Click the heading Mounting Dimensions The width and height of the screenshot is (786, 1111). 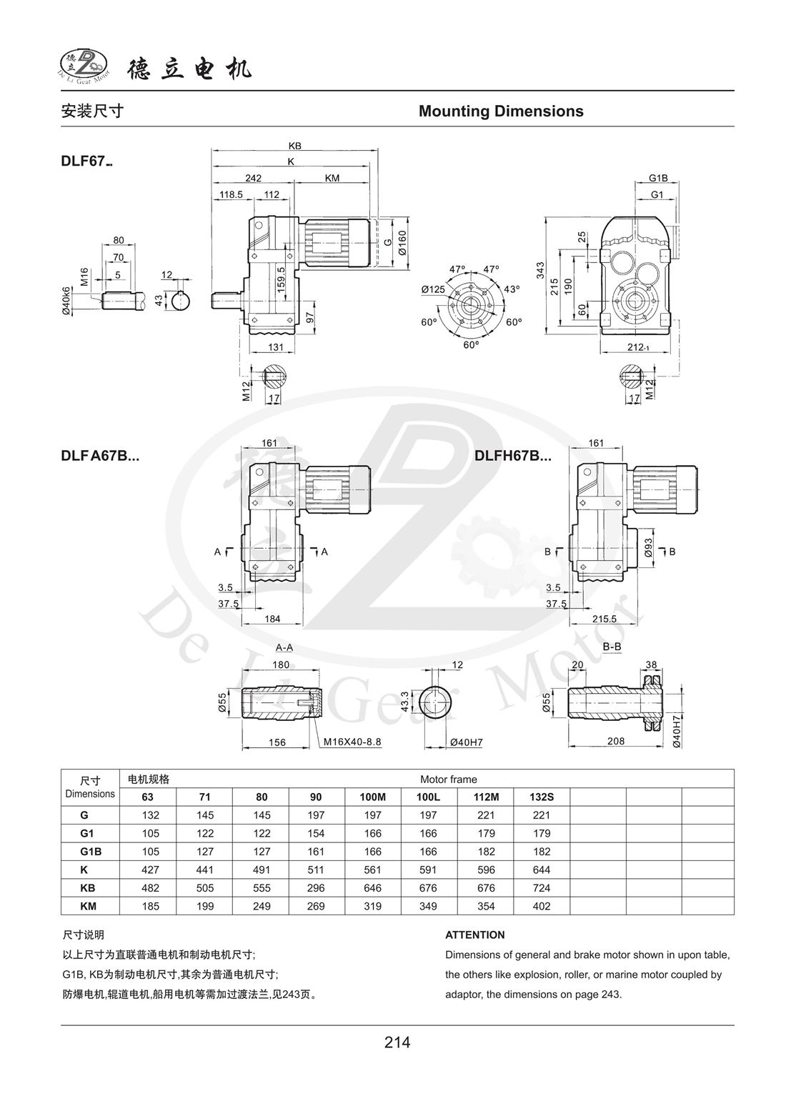(501, 111)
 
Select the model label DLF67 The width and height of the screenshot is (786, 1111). (86, 162)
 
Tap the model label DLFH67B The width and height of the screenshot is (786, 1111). (513, 455)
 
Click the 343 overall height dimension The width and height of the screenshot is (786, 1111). (541, 270)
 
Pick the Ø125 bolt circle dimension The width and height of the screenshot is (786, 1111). (432, 289)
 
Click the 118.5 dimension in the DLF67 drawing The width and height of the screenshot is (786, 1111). (231, 194)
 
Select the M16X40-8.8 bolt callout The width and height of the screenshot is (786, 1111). (352, 742)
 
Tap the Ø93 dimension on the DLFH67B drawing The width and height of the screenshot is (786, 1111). (648, 548)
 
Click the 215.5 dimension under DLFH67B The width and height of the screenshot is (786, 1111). (604, 619)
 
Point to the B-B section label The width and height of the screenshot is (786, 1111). (612, 647)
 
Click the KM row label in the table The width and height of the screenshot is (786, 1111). (89, 906)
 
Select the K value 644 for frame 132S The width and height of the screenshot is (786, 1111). (542, 870)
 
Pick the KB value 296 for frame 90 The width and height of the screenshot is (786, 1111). (316, 888)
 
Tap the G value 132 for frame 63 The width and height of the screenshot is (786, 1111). (150, 815)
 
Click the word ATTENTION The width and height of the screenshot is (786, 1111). (474, 935)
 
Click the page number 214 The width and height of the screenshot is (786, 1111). (397, 1042)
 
